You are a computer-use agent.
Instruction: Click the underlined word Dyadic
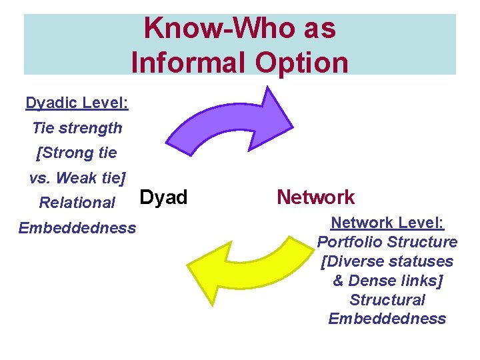pyautogui.click(x=52, y=103)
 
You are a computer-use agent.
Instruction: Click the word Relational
pyautogui.click(x=77, y=202)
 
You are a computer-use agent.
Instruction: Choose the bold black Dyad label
pyautogui.click(x=163, y=197)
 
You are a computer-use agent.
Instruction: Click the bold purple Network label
pyautogui.click(x=315, y=197)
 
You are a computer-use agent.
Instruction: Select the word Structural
pyautogui.click(x=387, y=299)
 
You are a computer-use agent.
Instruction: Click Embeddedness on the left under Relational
pyautogui.click(x=77, y=228)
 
